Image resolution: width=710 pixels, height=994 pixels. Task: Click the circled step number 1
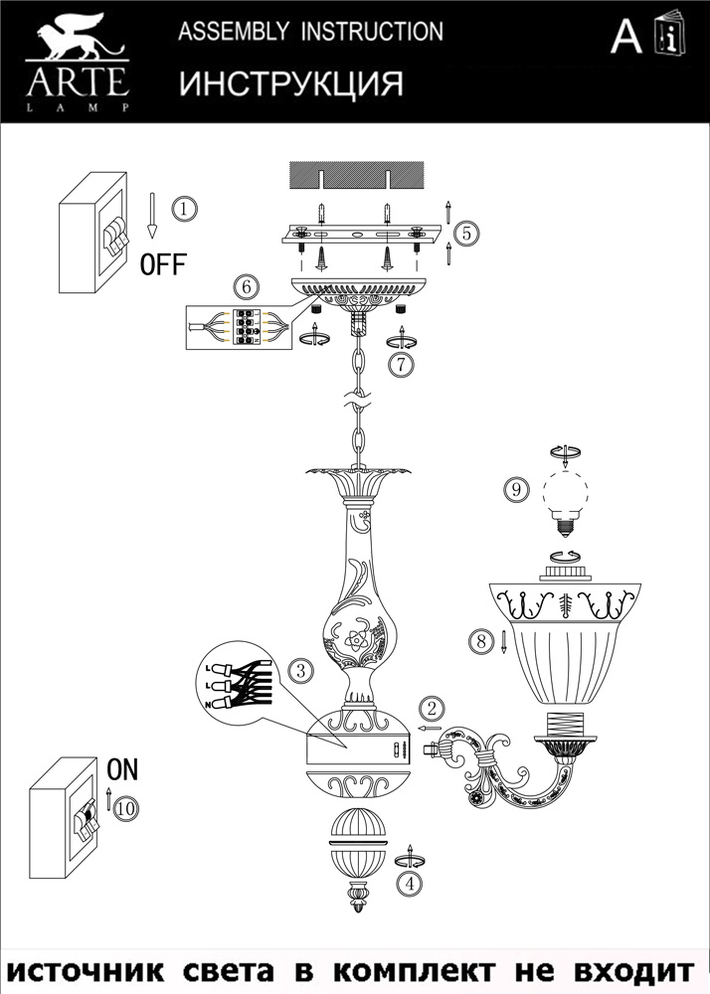pos(184,209)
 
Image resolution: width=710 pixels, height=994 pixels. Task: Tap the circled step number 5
pos(466,234)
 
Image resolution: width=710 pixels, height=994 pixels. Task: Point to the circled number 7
pos(400,364)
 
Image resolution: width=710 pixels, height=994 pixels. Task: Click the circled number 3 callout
pos(299,670)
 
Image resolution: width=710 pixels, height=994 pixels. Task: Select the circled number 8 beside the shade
pos(481,641)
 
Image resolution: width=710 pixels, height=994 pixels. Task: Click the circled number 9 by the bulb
pos(514,489)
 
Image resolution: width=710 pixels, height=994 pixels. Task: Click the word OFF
pos(162,265)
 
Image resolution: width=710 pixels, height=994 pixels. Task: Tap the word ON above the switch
pos(122,768)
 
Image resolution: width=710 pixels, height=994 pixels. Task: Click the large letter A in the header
pos(625,37)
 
